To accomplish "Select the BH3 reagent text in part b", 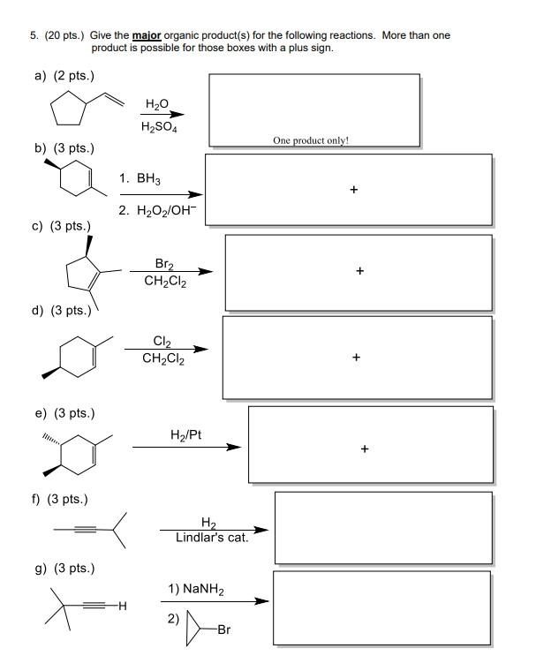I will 148,179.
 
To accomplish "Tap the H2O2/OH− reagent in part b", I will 165,210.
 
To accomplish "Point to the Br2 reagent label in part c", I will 164,264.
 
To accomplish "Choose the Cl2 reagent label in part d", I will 162,342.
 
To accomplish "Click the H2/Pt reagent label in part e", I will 185,434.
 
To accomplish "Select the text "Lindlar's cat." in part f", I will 212,537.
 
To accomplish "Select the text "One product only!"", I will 310,139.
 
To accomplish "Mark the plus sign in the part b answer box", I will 353,188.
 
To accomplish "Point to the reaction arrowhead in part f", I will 261,531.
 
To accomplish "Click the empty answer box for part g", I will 381,609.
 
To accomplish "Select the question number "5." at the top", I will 34,35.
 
